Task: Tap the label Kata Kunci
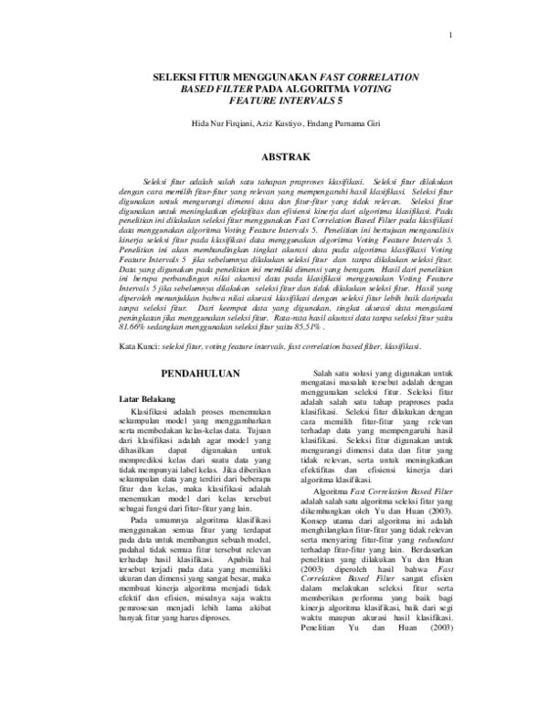pos(140,348)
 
